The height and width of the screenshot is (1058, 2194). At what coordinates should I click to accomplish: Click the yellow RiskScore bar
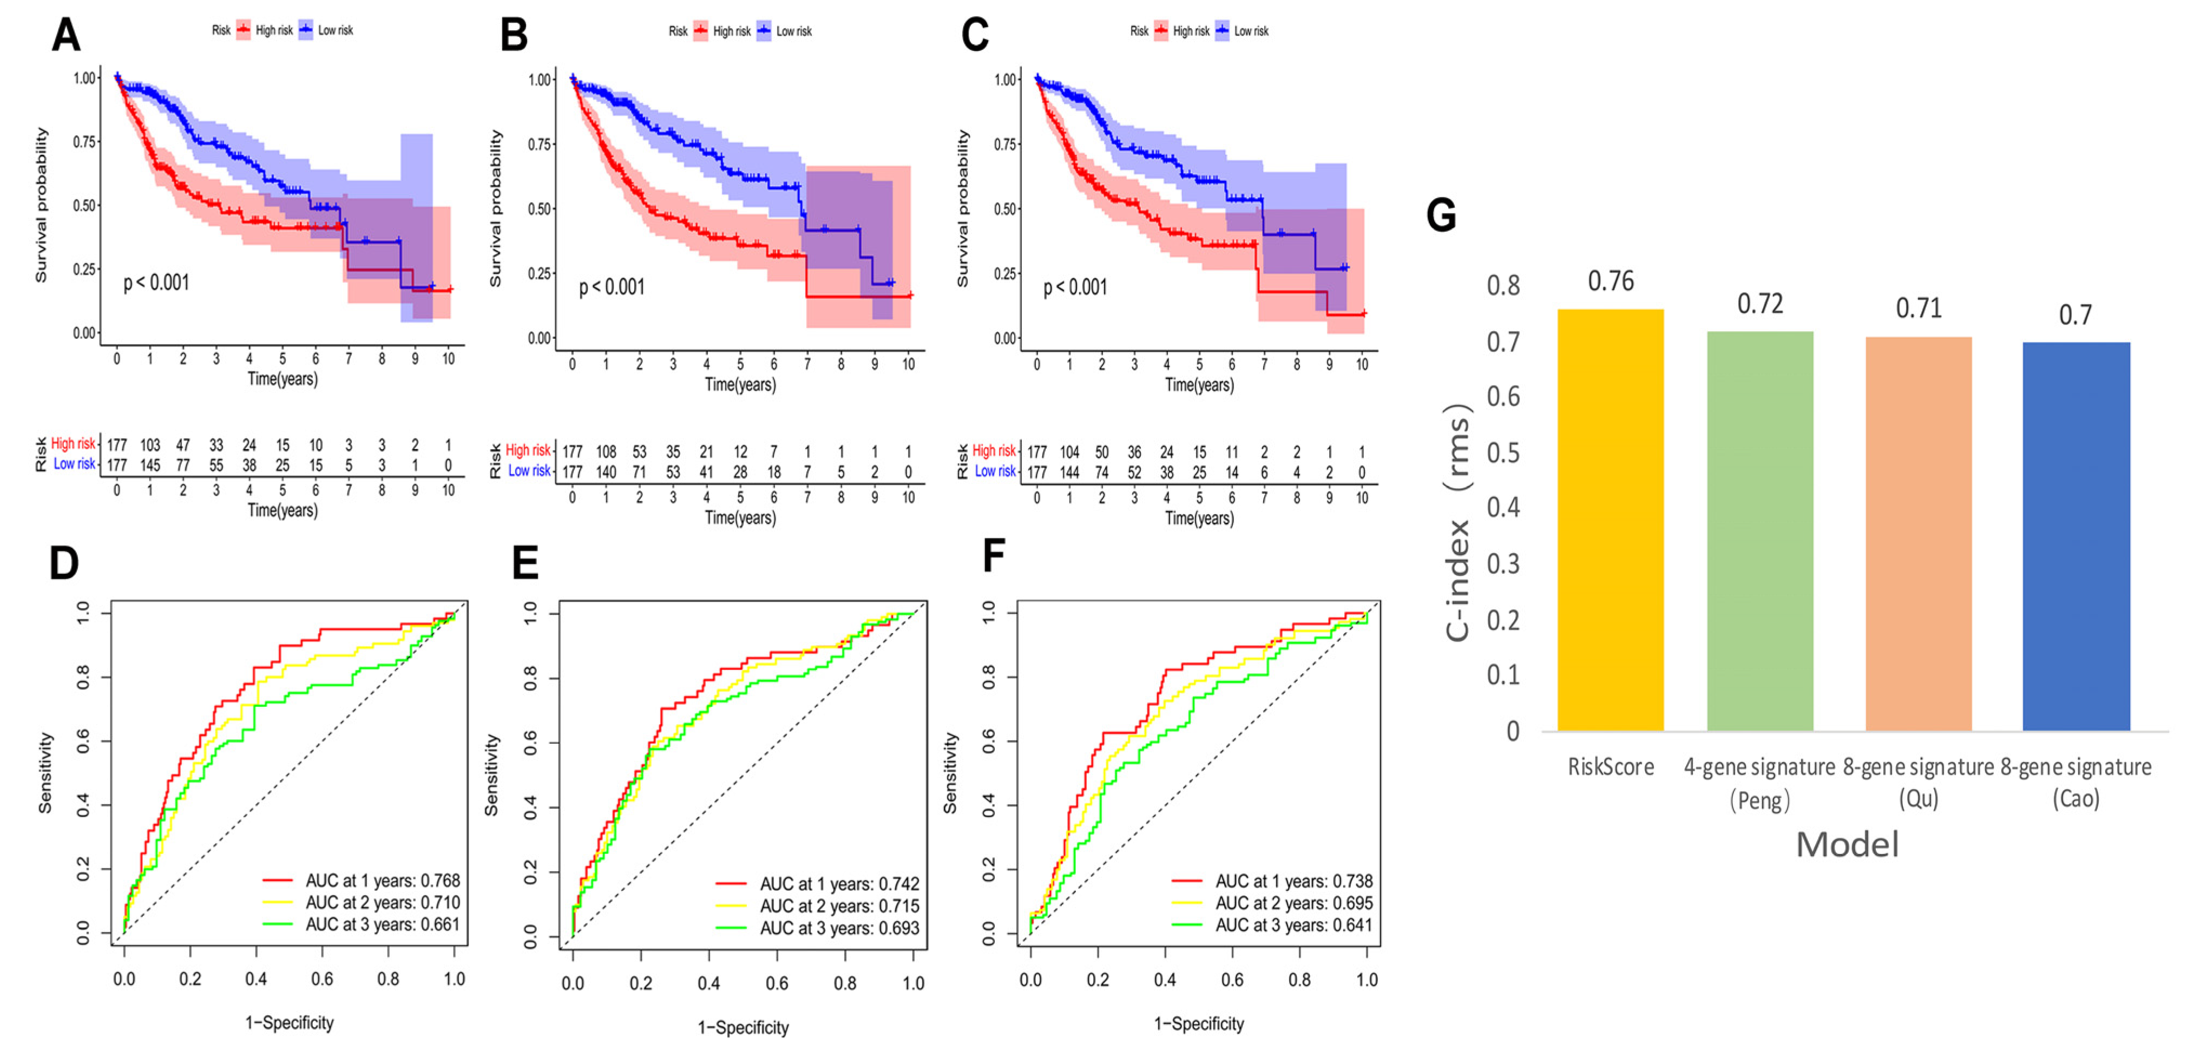pos(1610,520)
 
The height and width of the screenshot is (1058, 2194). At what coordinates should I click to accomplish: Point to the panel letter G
pos(1441,215)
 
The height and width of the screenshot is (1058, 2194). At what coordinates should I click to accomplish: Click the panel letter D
pos(64,563)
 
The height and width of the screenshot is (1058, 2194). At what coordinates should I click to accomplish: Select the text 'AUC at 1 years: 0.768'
pos(383,880)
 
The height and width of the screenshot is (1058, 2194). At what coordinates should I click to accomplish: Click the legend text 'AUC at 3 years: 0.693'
pos(839,928)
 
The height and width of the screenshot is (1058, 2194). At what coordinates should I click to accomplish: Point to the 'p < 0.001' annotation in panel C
pos(1075,287)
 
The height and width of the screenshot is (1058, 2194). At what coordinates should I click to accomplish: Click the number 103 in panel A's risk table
pos(150,445)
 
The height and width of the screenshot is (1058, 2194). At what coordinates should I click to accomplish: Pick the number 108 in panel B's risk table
pos(606,451)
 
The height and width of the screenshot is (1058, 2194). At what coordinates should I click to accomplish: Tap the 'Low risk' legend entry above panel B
pos(793,31)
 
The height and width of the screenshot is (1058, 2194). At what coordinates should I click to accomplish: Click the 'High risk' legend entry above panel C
pos(1190,31)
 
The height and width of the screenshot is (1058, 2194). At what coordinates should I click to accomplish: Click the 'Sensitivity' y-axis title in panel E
pos(491,775)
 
